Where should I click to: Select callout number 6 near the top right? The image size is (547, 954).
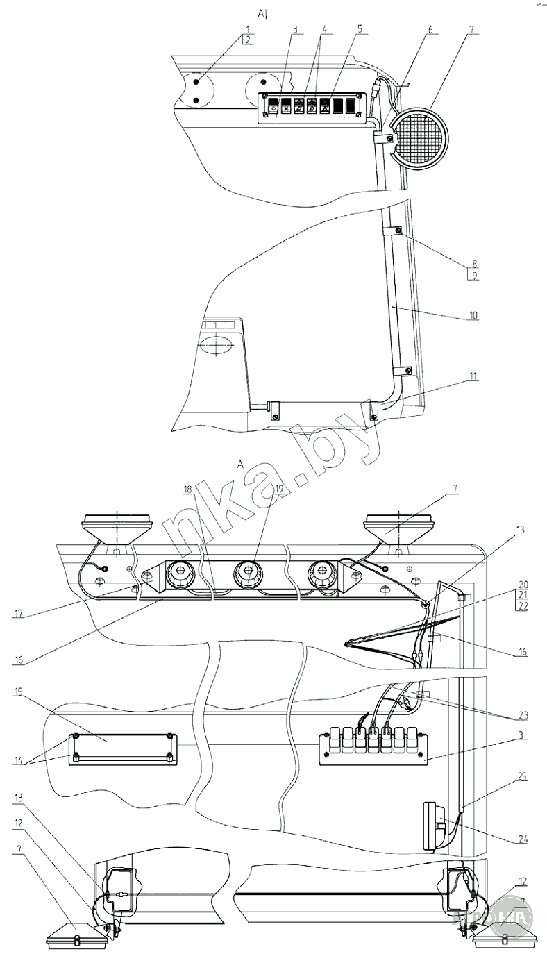(430, 31)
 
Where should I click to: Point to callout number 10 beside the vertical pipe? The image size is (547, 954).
(473, 315)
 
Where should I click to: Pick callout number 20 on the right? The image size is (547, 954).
(523, 584)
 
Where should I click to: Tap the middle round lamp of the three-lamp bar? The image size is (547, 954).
(248, 574)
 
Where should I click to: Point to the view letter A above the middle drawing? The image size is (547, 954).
(239, 464)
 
